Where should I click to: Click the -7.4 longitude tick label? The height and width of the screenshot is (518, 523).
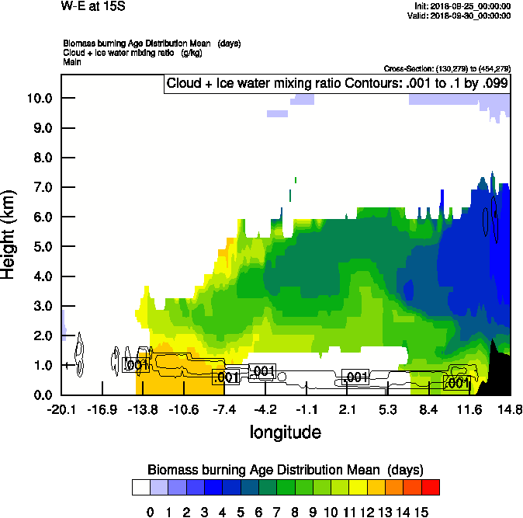click(x=225, y=409)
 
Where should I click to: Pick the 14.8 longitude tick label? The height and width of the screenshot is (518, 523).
click(x=509, y=409)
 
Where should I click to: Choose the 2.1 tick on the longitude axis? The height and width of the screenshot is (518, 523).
click(x=347, y=409)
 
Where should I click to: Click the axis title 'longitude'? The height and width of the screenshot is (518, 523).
click(x=285, y=431)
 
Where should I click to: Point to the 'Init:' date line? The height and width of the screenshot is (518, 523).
click(x=463, y=6)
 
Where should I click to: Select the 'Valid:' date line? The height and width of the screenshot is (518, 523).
click(x=463, y=15)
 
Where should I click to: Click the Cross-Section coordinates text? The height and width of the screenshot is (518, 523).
click(x=447, y=68)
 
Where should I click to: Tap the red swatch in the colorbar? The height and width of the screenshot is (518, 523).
click(x=431, y=487)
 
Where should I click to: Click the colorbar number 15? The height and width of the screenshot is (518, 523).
click(x=421, y=511)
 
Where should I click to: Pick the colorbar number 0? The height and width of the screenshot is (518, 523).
click(x=151, y=511)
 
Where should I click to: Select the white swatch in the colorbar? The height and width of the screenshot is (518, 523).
click(x=140, y=487)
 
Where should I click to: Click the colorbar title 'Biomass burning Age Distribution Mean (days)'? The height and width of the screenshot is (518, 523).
click(x=285, y=469)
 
